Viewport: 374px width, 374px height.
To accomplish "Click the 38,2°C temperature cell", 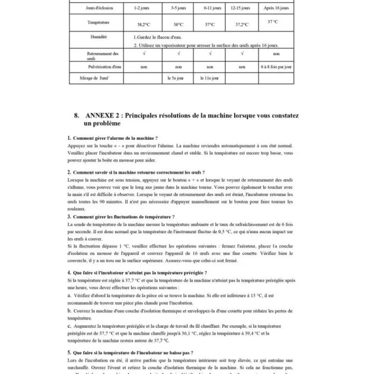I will [144, 24].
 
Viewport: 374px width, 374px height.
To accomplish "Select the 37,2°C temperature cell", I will [242, 24].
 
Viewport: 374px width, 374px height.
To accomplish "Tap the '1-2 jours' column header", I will [142, 8].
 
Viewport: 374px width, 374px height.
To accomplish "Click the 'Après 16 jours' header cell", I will [276, 8].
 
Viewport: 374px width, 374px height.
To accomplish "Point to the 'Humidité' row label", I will [98, 36].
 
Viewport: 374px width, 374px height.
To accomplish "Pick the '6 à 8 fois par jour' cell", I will [276, 67].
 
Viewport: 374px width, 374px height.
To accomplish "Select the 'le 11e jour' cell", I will [209, 78].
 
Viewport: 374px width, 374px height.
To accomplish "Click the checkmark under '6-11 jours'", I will [209, 54].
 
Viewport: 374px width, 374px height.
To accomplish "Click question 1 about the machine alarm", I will [115, 138].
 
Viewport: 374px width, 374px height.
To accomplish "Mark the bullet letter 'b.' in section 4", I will [69, 311].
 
